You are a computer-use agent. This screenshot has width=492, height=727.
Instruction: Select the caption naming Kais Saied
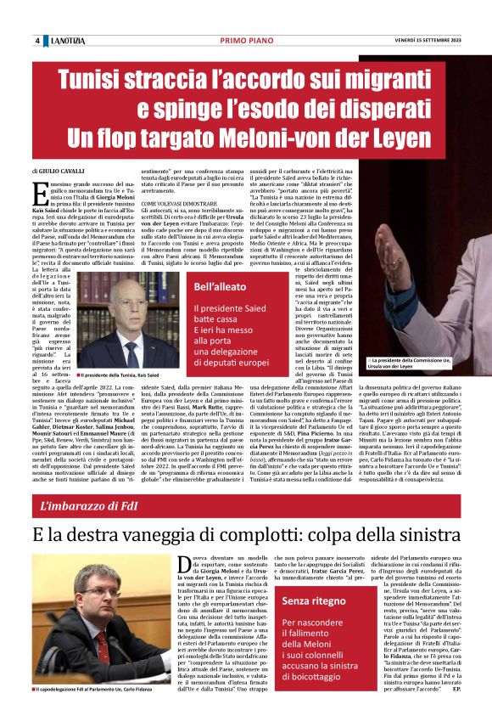pos(118,375)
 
